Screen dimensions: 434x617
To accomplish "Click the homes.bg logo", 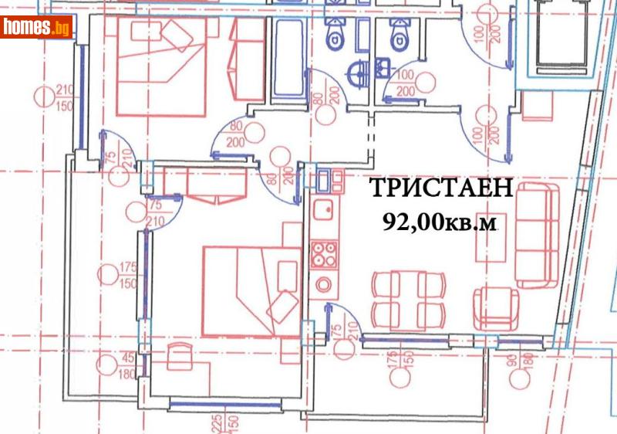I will pos(37,28).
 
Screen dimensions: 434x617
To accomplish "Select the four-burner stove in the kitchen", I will pos(323,254).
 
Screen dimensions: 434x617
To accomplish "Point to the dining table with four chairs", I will pos(408,298).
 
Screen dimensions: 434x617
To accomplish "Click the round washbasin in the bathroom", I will pos(357,74).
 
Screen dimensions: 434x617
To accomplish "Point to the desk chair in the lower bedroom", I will pos(180,356).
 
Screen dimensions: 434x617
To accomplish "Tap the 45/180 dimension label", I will pos(127,366).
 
